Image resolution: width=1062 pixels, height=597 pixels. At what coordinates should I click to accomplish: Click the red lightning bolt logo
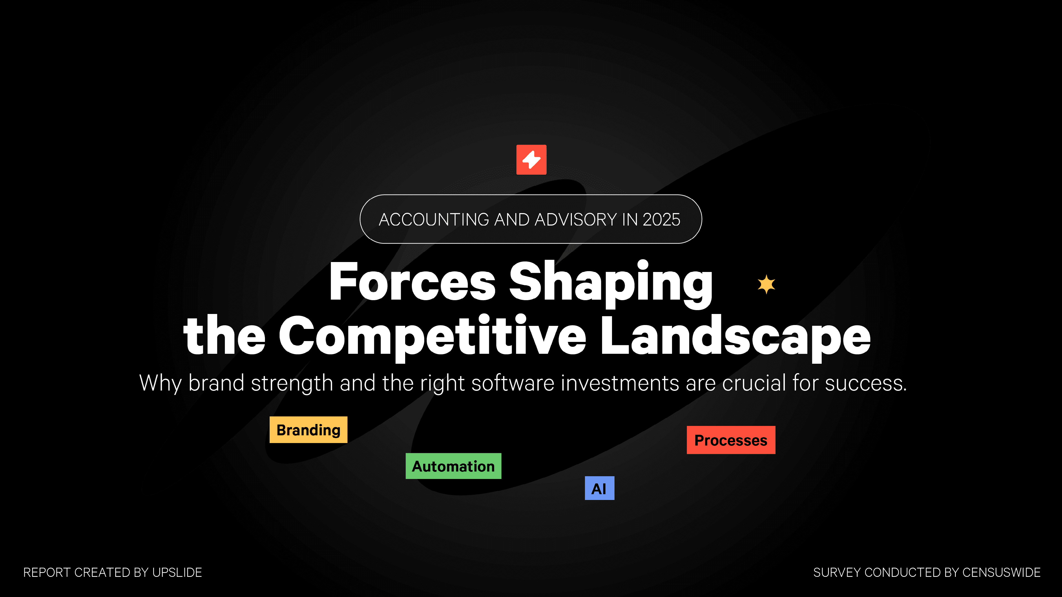pos(531,159)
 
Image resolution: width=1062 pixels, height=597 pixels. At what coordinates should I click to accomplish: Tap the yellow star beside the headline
pos(766,284)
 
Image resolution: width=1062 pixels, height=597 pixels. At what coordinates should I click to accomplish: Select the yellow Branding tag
pos(308,430)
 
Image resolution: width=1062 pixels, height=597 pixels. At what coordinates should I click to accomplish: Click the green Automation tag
pos(454,466)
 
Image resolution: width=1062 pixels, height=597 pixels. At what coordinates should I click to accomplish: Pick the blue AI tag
pos(599,488)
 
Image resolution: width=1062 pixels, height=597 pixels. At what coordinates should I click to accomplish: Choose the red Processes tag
pos(731,440)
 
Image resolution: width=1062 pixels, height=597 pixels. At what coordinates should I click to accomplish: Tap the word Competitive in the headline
pos(433,337)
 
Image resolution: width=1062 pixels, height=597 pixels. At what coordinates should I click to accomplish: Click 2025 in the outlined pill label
pos(661,220)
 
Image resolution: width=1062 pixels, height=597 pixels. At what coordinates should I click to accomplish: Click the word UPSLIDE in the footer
pos(177,572)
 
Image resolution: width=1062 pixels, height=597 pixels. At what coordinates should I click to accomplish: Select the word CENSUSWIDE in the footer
pos(1001,572)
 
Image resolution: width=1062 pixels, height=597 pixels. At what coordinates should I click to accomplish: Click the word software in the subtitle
pos(513,383)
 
